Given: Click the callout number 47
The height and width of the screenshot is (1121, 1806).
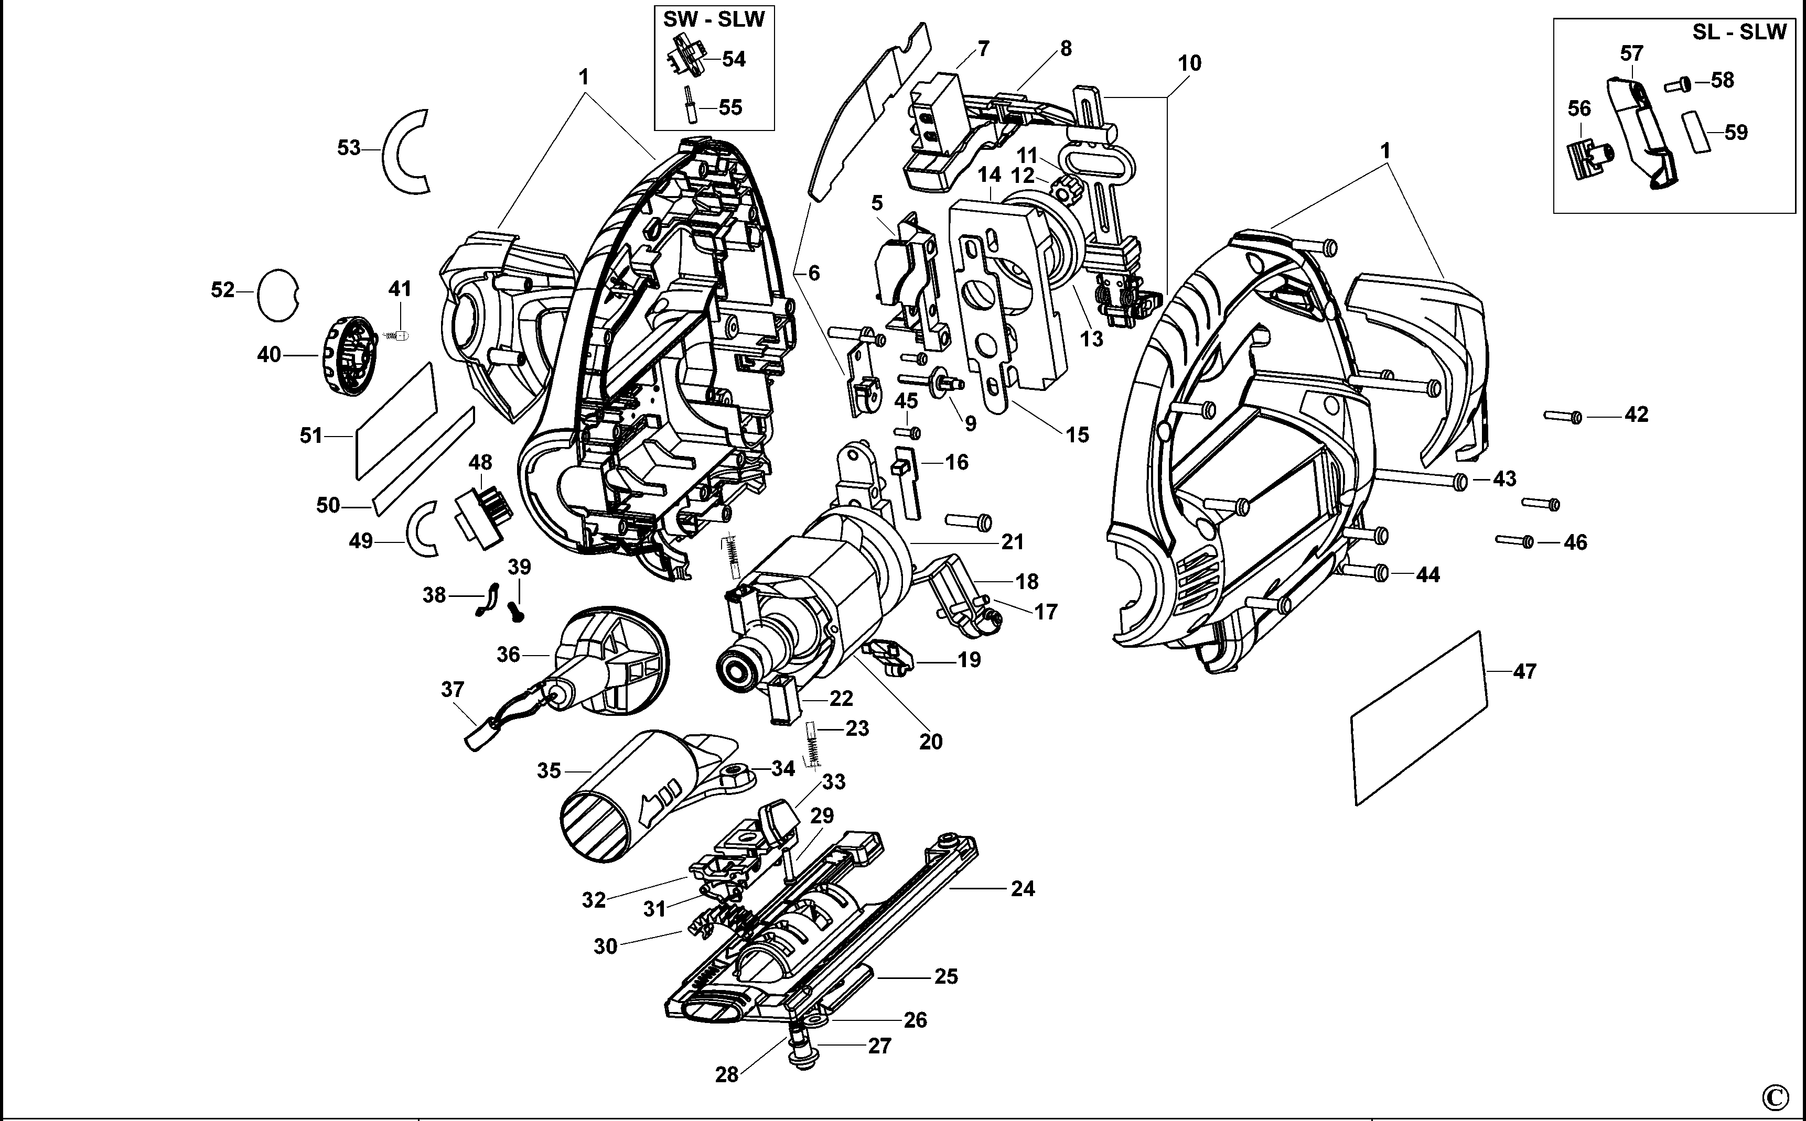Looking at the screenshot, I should (1524, 672).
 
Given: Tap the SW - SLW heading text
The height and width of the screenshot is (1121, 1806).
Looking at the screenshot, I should (714, 20).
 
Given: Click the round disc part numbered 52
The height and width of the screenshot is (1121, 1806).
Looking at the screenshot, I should (277, 295).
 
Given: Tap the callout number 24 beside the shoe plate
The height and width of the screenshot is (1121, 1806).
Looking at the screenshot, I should (1023, 888).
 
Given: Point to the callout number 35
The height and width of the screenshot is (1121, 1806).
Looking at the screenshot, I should (549, 771).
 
